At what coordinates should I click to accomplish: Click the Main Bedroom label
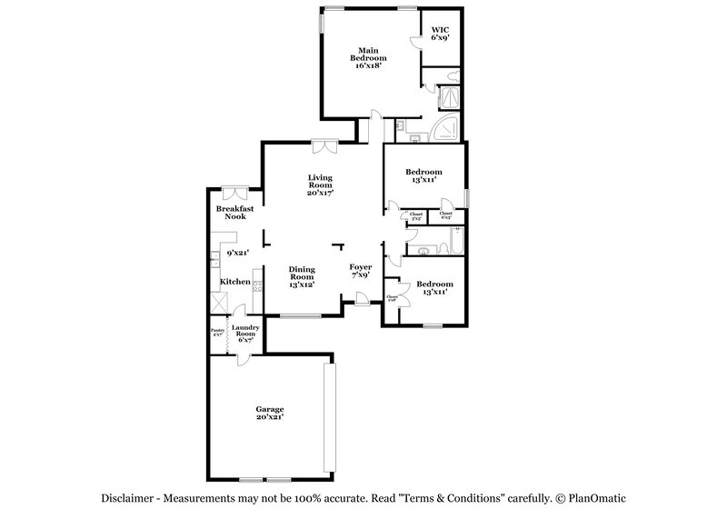[367, 58]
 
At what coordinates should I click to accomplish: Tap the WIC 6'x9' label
[440, 35]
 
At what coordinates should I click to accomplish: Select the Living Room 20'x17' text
[320, 185]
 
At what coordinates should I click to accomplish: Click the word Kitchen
[235, 282]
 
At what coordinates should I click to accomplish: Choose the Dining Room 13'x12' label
[302, 276]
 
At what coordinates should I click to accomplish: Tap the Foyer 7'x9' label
[361, 271]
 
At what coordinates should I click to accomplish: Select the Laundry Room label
[246, 334]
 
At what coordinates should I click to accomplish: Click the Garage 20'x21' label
[269, 414]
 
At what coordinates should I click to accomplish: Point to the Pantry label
[217, 332]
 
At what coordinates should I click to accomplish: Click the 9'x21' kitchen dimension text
[238, 252]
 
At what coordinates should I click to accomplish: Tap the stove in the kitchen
[257, 285]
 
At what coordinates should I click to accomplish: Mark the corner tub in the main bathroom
[448, 129]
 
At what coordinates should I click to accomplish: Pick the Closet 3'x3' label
[416, 216]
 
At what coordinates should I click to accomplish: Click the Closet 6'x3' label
[445, 216]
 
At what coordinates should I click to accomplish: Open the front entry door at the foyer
[362, 299]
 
